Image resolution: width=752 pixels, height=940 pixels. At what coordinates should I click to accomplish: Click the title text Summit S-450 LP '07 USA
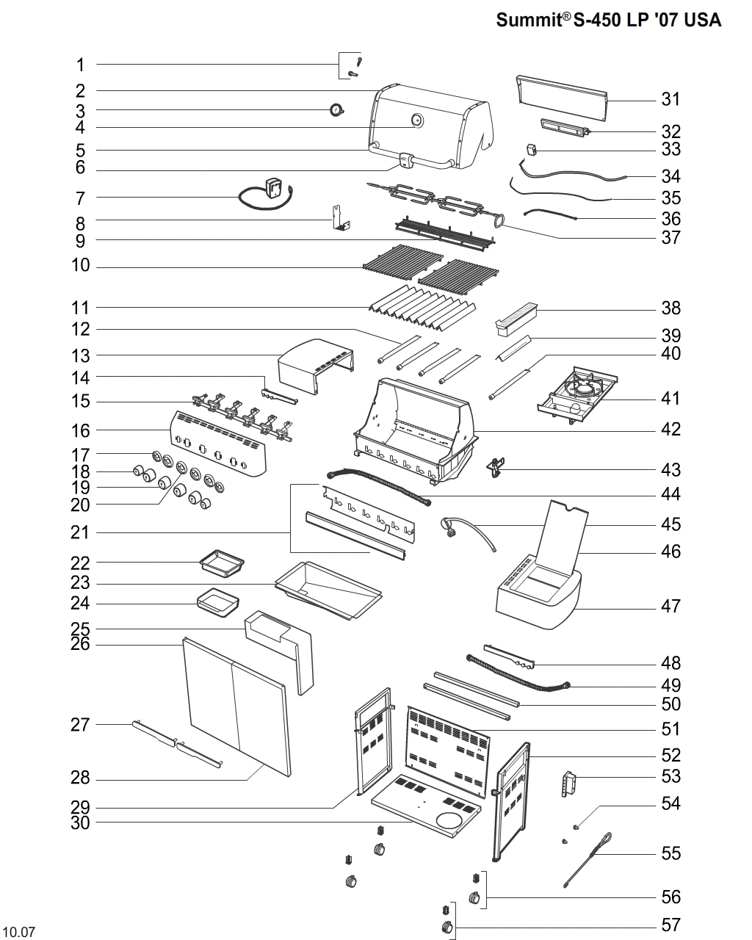pos(609,20)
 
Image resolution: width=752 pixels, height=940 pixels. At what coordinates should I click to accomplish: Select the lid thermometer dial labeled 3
pos(337,110)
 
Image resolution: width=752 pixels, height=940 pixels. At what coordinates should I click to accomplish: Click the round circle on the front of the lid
pos(418,120)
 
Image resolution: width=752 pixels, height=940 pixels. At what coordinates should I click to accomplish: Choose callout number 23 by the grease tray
pos(80,583)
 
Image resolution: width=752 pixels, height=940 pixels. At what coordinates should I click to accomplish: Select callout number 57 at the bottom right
pos(670,925)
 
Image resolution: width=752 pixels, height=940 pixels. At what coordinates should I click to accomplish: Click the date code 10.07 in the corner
pos(18,933)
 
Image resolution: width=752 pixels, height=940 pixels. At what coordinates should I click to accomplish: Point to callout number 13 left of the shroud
pos(80,356)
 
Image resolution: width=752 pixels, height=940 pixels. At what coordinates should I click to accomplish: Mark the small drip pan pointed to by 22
pos(223,564)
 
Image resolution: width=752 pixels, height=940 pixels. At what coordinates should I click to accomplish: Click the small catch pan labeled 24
pos(218,604)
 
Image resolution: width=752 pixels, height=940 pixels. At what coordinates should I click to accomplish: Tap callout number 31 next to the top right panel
pos(670,99)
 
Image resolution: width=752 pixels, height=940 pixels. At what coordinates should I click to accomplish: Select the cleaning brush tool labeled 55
pos(588,859)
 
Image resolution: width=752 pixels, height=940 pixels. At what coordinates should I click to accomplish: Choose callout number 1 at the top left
pos(80,65)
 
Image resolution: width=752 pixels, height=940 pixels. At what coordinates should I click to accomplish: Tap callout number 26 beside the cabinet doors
pos(80,645)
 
